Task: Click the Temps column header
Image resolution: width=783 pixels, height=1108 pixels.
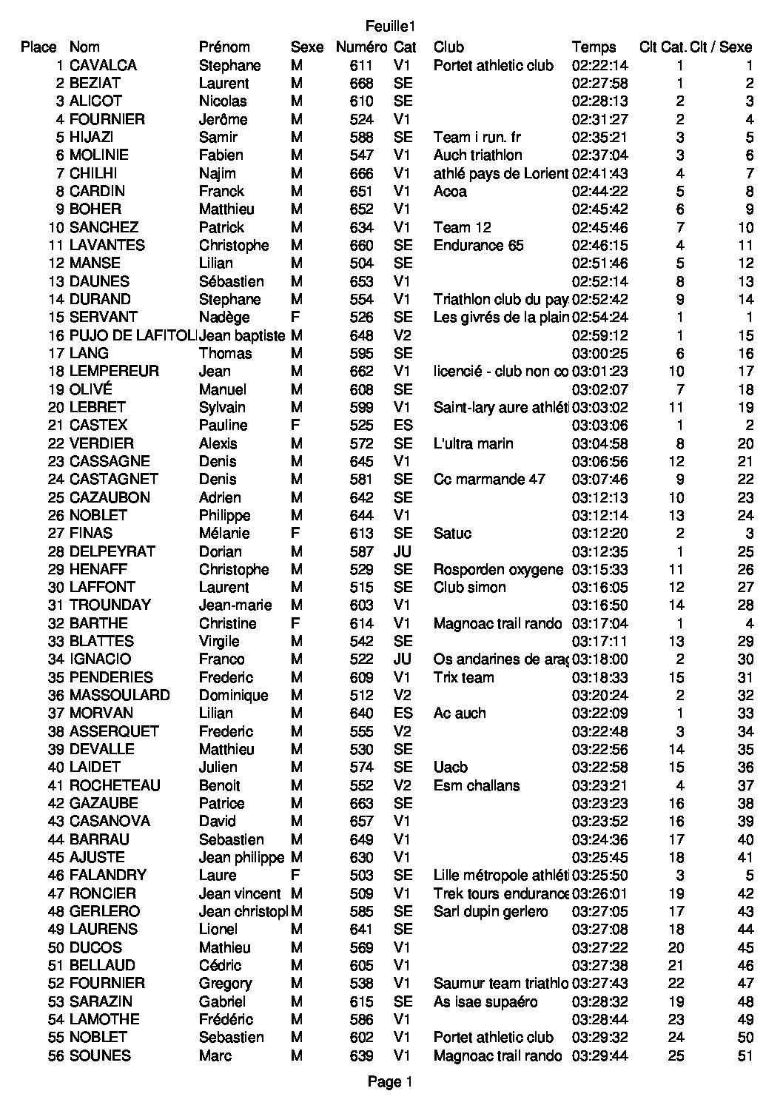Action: [594, 47]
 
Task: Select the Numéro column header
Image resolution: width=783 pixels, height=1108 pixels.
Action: [361, 47]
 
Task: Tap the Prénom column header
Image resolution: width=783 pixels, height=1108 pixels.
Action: [224, 47]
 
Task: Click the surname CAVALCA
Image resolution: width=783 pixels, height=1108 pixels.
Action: [103, 65]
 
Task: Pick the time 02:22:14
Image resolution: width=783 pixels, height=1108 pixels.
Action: [600, 65]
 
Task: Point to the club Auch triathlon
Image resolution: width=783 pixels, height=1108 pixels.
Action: [478, 155]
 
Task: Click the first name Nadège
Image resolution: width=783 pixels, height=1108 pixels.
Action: [224, 317]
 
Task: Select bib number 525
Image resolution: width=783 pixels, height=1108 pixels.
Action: [361, 425]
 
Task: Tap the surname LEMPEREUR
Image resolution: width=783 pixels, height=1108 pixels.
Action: [114, 371]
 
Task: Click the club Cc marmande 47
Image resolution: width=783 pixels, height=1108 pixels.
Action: [489, 479]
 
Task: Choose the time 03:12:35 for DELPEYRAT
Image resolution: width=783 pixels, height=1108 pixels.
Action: [600, 551]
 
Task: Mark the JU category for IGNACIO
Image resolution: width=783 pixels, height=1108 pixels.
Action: [403, 659]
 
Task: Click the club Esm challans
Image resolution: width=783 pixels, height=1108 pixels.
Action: [477, 785]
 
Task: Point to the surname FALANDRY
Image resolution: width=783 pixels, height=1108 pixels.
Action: [108, 875]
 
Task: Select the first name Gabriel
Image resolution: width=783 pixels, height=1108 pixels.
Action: [223, 1001]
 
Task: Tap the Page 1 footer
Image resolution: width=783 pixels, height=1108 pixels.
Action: [390, 1082]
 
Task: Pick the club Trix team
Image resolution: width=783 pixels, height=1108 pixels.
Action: [463, 677]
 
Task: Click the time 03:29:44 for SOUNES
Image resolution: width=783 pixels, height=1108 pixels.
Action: [600, 1055]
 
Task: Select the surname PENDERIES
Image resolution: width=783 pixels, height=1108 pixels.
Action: [111, 677]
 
